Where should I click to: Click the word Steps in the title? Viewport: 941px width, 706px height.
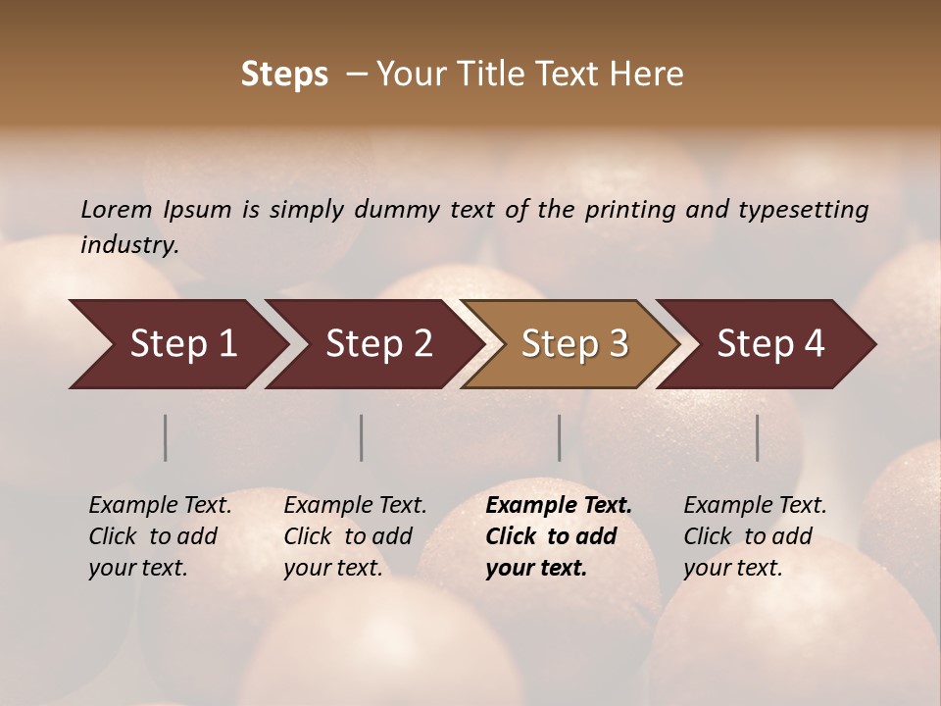284,75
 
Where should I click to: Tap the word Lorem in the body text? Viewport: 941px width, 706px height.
117,209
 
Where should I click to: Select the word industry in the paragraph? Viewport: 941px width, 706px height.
129,244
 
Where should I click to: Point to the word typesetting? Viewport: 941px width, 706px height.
803,209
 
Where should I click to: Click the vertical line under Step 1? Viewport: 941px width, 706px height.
166,437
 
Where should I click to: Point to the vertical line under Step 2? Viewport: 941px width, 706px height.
362,437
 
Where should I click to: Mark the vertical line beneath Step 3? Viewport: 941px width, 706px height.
560,437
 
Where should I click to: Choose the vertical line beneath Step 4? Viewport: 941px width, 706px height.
758,437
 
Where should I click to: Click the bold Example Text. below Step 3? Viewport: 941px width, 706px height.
559,506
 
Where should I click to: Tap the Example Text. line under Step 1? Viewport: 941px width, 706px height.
160,506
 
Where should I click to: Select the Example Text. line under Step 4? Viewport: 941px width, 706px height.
755,506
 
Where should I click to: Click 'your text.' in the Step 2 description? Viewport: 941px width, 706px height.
332,568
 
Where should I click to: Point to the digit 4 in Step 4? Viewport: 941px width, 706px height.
814,344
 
